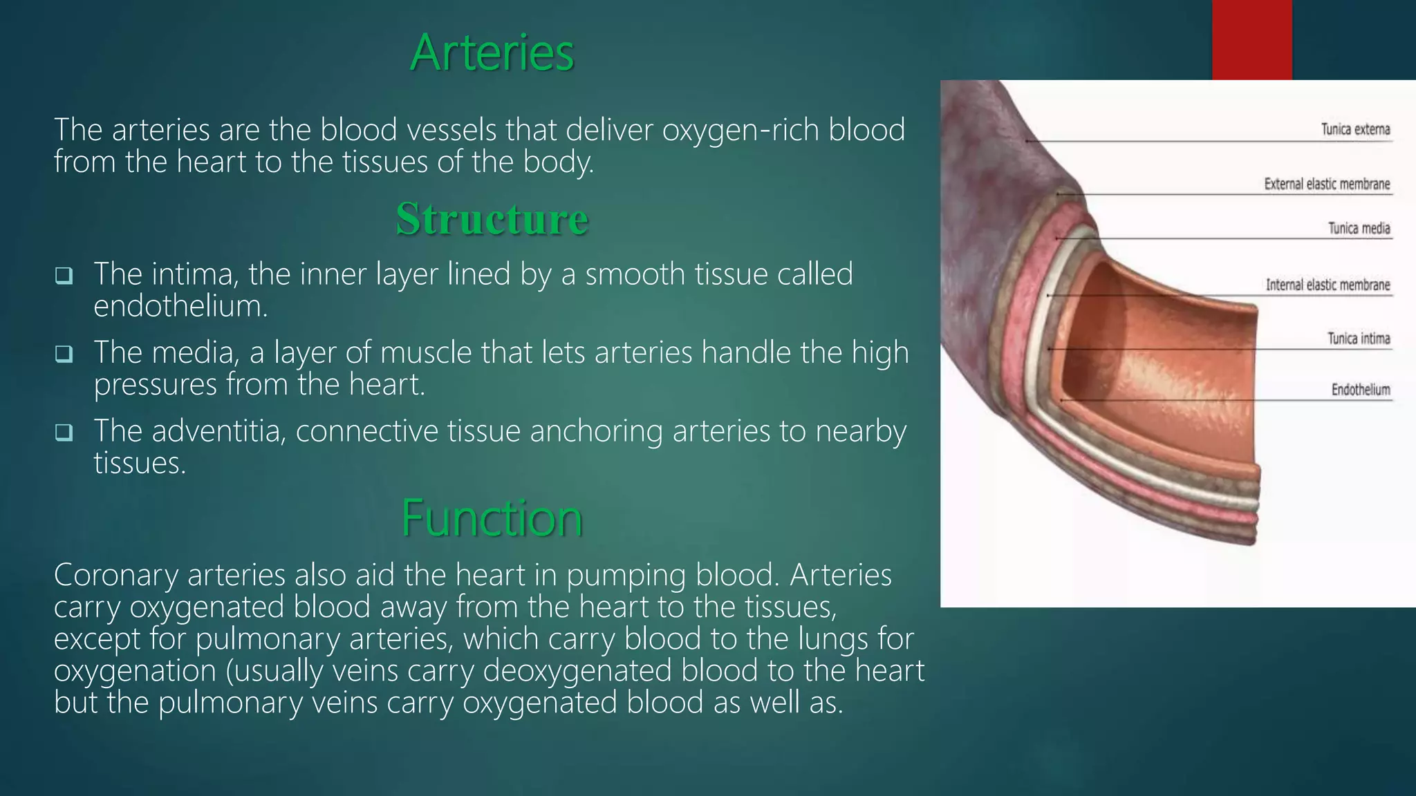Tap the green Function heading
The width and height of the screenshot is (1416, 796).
coord(492,518)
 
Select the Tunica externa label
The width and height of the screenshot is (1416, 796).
coord(1355,129)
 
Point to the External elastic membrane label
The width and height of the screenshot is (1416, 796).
coord(1327,184)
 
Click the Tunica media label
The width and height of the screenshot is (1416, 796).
coord(1359,228)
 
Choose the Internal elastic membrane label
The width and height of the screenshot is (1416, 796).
coord(1327,285)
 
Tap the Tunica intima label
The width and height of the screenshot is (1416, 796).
coord(1358,338)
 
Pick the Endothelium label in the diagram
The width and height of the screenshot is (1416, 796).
coord(1360,390)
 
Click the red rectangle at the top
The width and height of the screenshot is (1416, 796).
coord(1251,39)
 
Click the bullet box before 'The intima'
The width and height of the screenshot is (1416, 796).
coord(64,276)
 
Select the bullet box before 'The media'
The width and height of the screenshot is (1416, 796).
coord(64,354)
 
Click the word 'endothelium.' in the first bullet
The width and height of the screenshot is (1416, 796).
coord(180,306)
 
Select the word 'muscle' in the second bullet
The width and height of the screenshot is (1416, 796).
coord(426,352)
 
